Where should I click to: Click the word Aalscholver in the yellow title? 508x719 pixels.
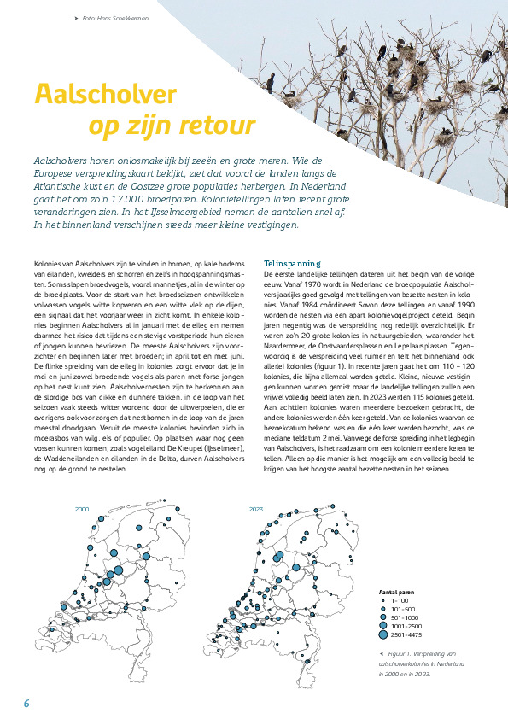click(104, 93)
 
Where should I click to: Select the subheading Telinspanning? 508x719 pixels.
click(295, 263)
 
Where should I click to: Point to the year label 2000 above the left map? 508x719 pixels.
click(83, 509)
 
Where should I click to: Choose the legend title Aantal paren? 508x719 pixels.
click(398, 591)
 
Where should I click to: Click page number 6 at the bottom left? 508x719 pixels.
click(26, 703)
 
